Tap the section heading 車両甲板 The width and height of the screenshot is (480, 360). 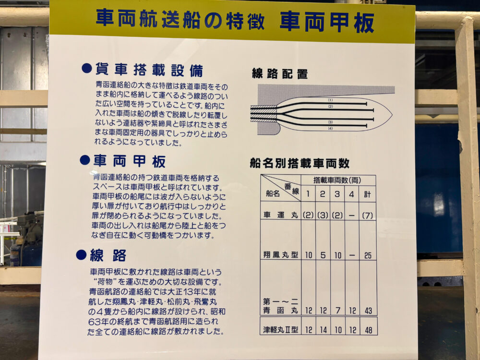129,161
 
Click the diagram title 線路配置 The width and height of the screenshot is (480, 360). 280,74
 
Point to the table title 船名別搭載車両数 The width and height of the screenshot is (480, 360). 299,163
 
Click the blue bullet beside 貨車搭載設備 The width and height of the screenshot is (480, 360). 86,69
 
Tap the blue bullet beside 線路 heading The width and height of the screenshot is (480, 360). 81,255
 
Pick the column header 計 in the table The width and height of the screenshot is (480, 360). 367,195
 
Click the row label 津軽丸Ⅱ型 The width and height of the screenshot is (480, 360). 281,330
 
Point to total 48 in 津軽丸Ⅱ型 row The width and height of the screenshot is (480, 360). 368,330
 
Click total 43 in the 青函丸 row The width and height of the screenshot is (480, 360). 368,311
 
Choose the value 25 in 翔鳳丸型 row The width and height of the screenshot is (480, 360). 368,255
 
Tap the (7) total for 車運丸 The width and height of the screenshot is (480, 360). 368,215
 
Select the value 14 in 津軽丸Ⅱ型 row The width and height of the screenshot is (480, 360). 323,330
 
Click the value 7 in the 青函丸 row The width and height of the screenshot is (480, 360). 337,311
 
